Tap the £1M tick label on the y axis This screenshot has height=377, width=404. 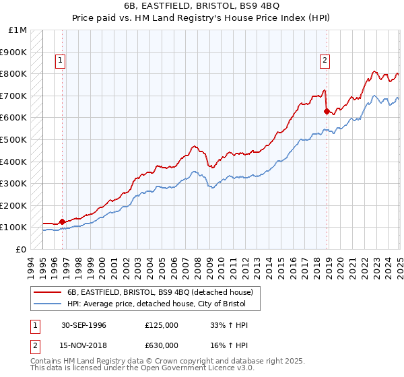[18, 30]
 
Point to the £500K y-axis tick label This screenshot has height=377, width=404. [14, 140]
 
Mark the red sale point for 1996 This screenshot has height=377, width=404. [63, 221]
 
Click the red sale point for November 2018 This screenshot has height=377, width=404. [327, 111]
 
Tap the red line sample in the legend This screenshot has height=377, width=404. [48, 292]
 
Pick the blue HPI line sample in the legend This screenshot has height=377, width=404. [48, 304]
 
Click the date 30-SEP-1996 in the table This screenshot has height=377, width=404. [83, 325]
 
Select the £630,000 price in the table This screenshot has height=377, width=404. [161, 345]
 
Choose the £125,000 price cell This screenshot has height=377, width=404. [161, 325]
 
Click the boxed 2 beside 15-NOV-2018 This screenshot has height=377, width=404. [34, 345]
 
